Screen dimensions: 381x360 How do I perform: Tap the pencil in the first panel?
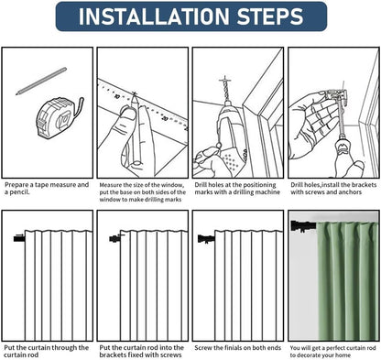click(41, 82)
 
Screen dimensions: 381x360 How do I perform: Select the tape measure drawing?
click(60, 117)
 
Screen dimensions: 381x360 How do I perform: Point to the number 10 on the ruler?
click(116, 97)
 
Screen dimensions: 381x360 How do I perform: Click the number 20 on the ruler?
click(165, 118)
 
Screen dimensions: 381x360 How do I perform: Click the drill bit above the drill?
click(225, 89)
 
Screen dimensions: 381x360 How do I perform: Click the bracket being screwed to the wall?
click(336, 93)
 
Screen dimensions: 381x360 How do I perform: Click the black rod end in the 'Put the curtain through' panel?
click(19, 238)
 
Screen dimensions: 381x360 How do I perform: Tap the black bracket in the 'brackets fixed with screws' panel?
click(115, 238)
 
